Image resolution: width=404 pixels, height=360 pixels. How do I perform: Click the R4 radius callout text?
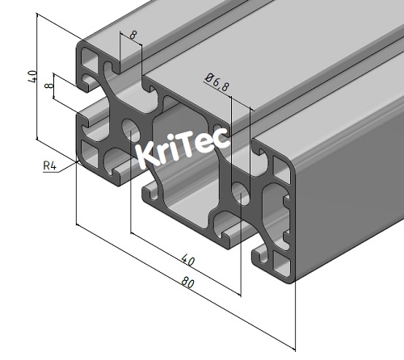pyautogui.click(x=49, y=167)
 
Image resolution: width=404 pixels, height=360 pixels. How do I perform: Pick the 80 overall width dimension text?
pyautogui.click(x=187, y=283)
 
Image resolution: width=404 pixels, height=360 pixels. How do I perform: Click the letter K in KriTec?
pyautogui.click(x=147, y=154)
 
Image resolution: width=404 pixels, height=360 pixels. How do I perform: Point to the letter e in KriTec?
pyautogui.click(x=205, y=144)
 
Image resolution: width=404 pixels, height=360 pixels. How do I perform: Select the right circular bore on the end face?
pyautogui.click(x=240, y=191)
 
